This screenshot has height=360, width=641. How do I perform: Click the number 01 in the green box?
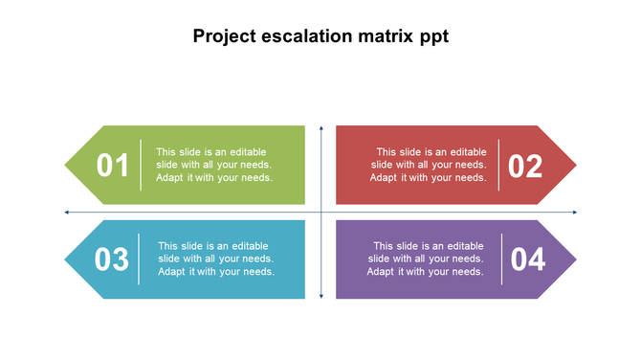tap(113, 166)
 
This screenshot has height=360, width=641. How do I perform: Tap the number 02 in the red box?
tap(525, 167)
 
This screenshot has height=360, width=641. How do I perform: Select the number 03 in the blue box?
tap(112, 259)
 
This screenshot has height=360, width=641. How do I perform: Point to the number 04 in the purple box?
tap(527, 259)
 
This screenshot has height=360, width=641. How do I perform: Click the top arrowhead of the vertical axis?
tap(320, 128)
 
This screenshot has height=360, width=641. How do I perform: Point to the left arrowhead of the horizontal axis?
tap(67, 212)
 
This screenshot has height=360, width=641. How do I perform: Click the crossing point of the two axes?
tap(320, 212)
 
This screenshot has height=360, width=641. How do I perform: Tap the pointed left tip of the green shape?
tap(66, 166)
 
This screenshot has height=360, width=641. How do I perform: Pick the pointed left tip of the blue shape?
tap(66, 259)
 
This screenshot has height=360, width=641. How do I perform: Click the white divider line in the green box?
tap(141, 166)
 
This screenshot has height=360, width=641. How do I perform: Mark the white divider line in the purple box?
tap(501, 259)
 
